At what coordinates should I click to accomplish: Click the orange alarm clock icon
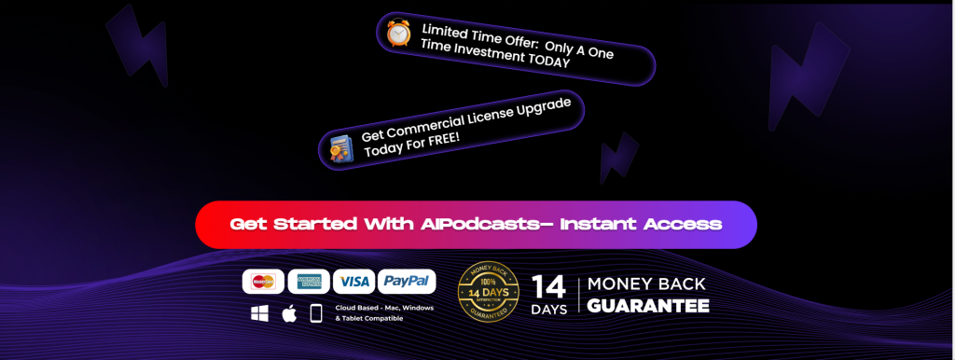pyautogui.click(x=399, y=33)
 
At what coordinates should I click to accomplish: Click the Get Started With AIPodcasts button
pyautogui.click(x=476, y=225)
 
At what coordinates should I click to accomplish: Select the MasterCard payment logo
pyautogui.click(x=263, y=282)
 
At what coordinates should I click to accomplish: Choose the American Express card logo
pyautogui.click(x=308, y=282)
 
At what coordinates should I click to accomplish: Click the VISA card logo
pyautogui.click(x=354, y=282)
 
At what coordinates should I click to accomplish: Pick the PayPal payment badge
pyautogui.click(x=407, y=282)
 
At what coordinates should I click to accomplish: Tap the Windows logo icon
pyautogui.click(x=259, y=314)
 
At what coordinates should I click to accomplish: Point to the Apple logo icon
pyautogui.click(x=289, y=313)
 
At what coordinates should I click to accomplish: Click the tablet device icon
pyautogui.click(x=316, y=314)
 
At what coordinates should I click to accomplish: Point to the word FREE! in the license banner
pyautogui.click(x=447, y=137)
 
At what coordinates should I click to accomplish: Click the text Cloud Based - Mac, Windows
pyautogui.click(x=385, y=308)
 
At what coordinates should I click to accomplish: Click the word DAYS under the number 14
pyautogui.click(x=549, y=309)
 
